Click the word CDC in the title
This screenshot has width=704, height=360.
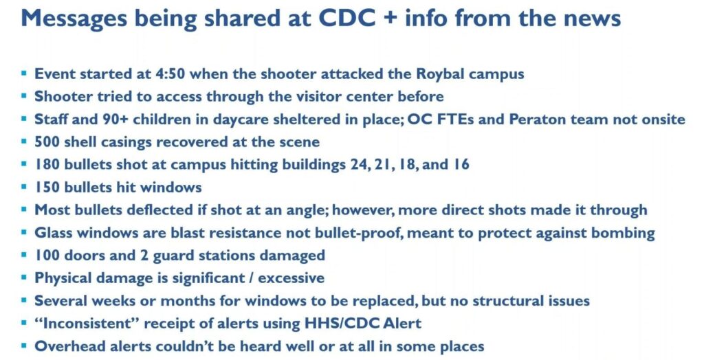point(346,19)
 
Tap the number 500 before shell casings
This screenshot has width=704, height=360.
point(48,142)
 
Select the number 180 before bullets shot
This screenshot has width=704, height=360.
point(47,165)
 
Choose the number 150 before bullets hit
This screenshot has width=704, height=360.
point(47,187)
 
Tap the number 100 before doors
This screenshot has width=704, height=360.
point(47,256)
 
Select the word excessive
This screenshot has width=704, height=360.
point(291,278)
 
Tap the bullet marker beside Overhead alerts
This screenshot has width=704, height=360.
point(24,346)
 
